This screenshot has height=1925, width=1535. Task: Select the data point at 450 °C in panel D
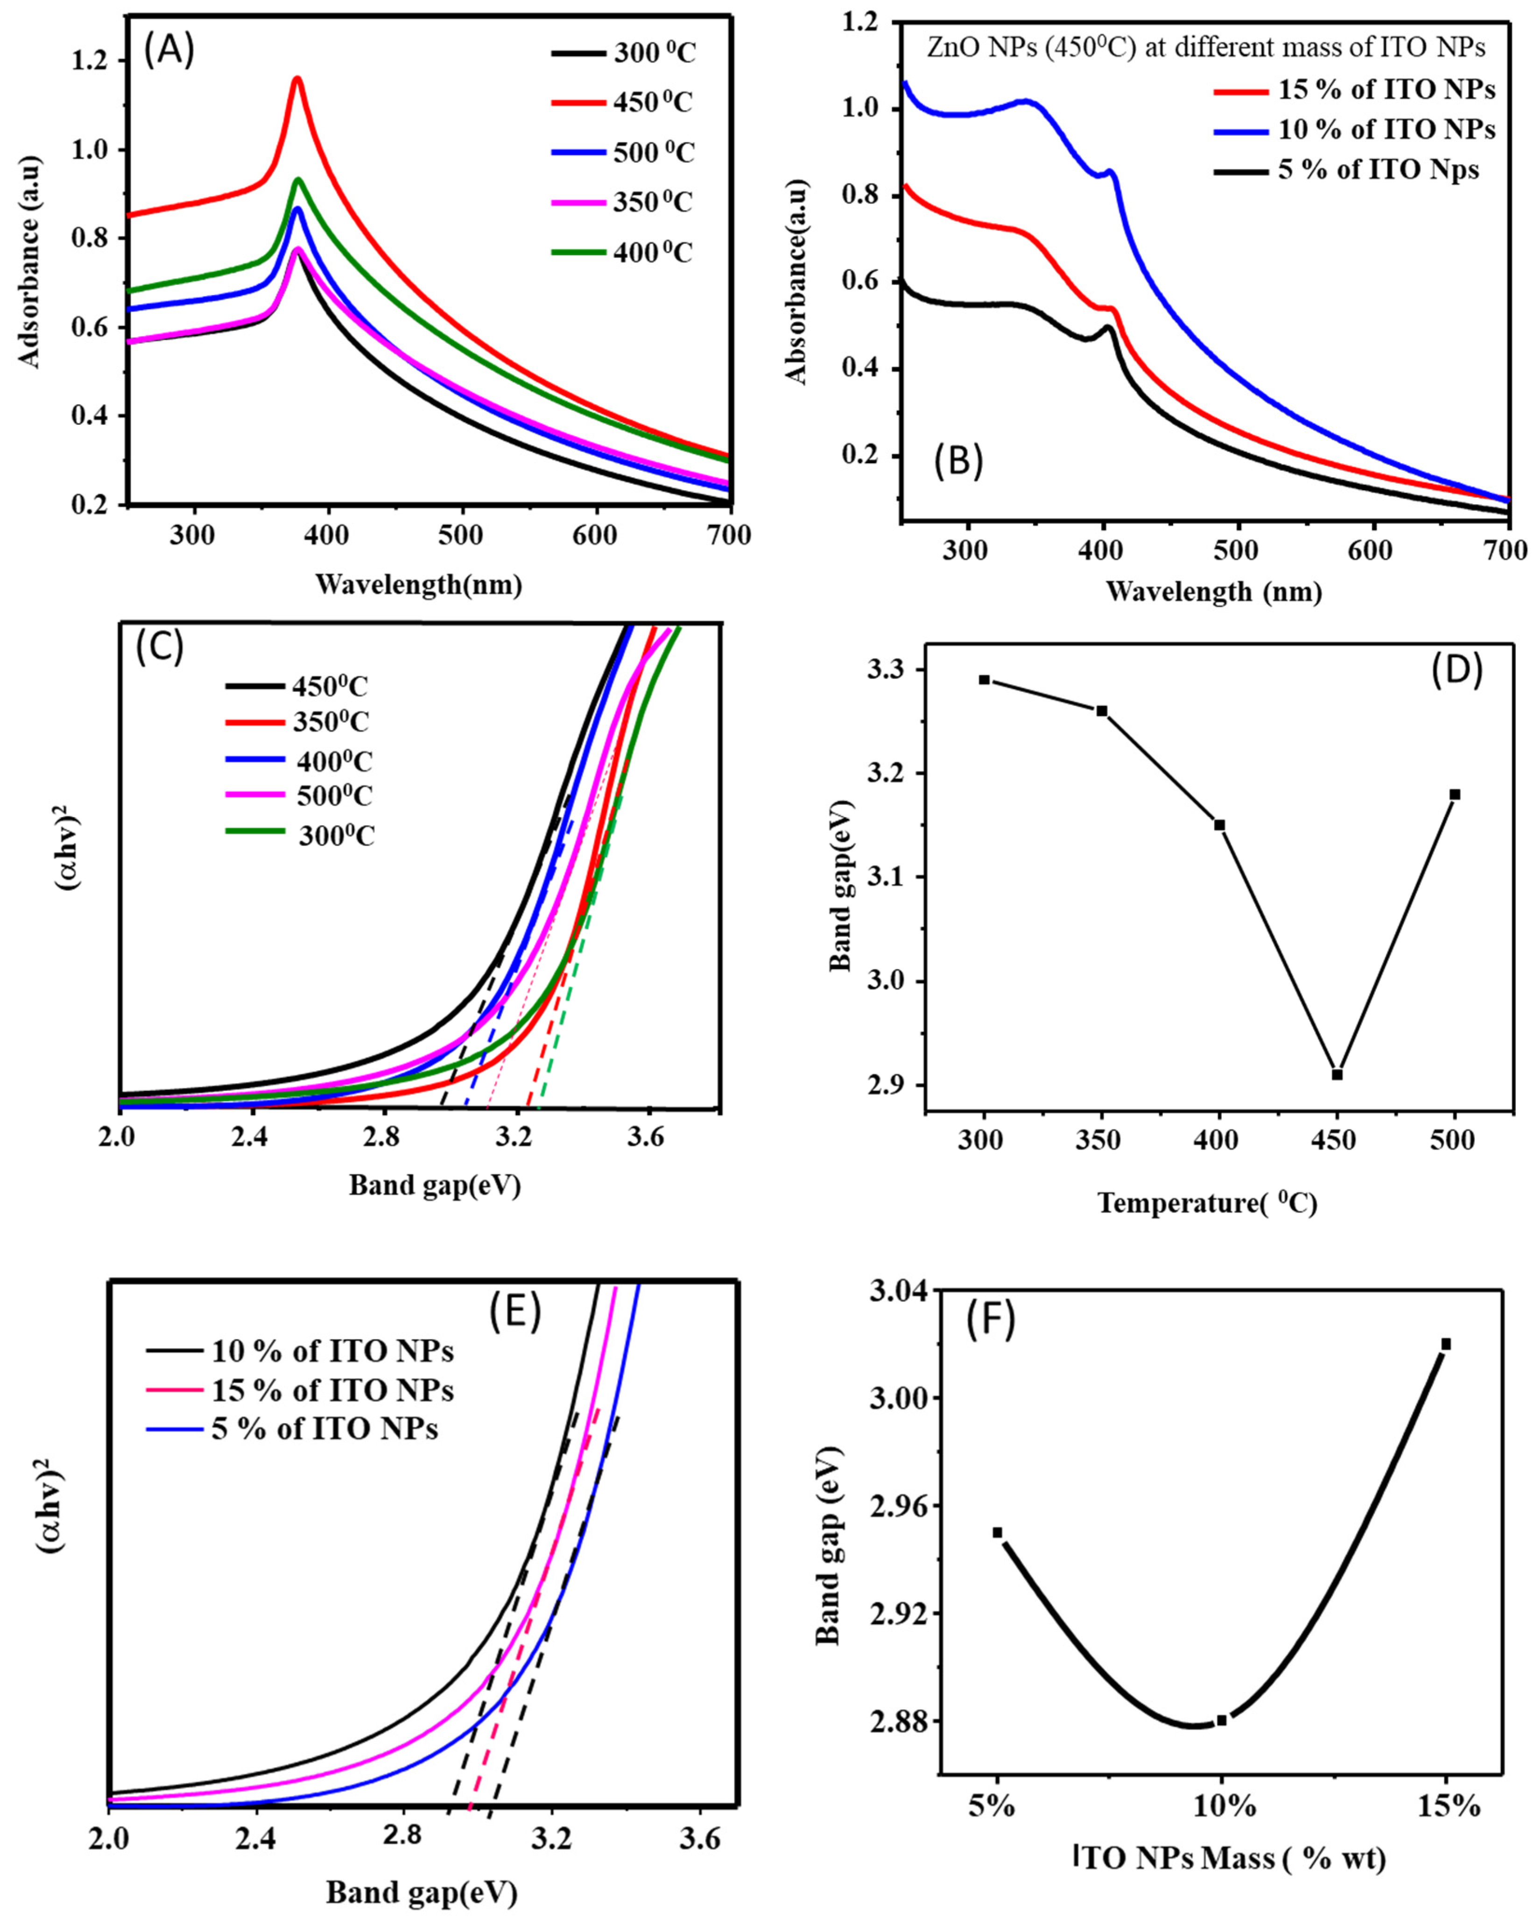1337,1074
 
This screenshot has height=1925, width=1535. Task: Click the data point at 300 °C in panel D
984,679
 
